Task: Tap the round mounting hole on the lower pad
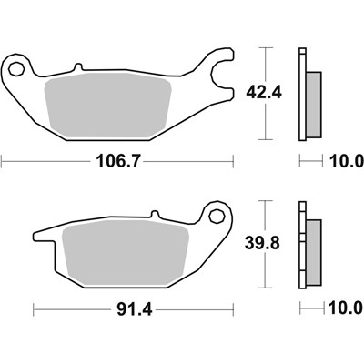pos(218,217)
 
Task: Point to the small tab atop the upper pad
pos(77,66)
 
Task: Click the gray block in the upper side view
pos(313,96)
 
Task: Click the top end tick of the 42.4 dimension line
pos(266,45)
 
